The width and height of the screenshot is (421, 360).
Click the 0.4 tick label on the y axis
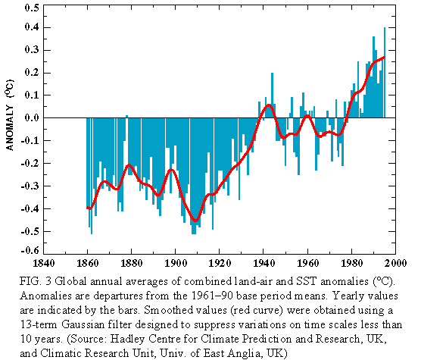[x=32, y=27]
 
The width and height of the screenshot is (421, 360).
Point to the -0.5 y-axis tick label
[x=30, y=231]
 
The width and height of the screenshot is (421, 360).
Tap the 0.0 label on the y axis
[x=32, y=117]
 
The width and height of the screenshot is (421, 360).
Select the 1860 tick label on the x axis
[x=88, y=263]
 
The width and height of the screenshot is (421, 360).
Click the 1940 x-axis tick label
[x=264, y=263]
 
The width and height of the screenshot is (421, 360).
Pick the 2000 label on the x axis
[x=395, y=263]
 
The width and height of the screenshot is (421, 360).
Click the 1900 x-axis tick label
[x=176, y=263]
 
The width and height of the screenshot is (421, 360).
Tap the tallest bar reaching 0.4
[x=385, y=73]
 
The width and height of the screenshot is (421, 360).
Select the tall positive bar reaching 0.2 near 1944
[x=273, y=95]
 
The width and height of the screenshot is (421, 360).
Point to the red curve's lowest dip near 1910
[x=195, y=221]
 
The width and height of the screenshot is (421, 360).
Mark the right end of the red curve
[x=385, y=57]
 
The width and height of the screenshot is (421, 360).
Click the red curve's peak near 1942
[x=269, y=105]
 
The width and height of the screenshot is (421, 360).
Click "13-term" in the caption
[x=39, y=325]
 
